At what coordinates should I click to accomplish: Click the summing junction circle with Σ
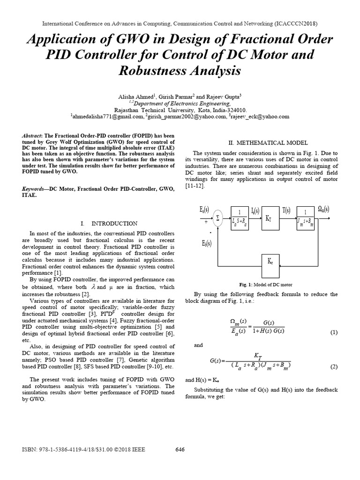(217, 217)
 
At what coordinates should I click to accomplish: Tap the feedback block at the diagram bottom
(270, 262)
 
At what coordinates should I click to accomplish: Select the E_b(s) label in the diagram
(206, 243)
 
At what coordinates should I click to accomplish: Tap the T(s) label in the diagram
(286, 210)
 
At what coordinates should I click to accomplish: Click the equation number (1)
(333, 332)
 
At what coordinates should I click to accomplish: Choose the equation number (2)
(333, 367)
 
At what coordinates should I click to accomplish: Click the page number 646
(180, 450)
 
